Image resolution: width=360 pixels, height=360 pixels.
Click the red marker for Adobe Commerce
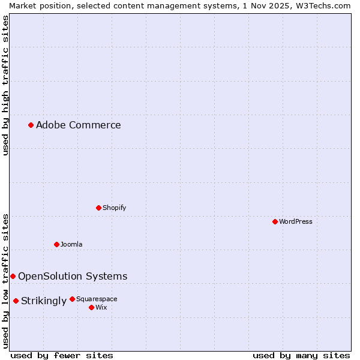tap(31, 125)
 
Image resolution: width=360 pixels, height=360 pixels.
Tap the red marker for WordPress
tap(275, 221)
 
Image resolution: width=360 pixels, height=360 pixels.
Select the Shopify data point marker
tap(98, 208)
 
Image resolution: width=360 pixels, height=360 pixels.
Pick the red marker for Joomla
tap(56, 244)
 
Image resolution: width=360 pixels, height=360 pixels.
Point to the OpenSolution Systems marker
tap(13, 276)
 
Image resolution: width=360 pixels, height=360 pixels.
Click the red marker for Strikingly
tap(16, 301)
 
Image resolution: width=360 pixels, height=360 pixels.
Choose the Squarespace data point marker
tap(72, 299)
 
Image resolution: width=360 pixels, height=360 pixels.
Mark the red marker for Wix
tap(91, 307)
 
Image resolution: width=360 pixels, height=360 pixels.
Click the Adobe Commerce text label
tap(79, 125)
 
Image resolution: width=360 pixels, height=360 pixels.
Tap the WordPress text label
tap(296, 221)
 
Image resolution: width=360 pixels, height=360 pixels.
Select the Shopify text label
tap(114, 208)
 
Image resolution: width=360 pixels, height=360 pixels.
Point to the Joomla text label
tap(71, 244)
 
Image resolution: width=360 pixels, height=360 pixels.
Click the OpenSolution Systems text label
tap(73, 277)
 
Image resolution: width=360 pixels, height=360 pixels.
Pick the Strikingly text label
tap(44, 301)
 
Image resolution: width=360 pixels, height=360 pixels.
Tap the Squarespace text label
tap(97, 299)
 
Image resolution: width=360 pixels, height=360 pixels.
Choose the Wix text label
tap(101, 307)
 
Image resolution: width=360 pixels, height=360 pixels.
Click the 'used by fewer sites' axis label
tap(62, 355)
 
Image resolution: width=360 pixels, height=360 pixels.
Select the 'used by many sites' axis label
tap(301, 355)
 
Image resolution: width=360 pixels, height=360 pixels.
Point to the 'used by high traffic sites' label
tap(5, 85)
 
